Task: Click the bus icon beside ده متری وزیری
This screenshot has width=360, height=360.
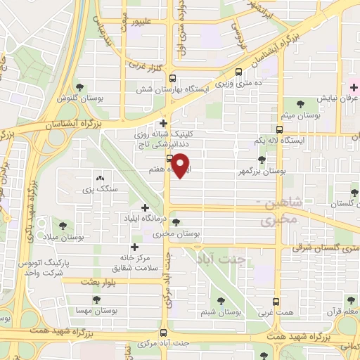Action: click(x=239, y=71)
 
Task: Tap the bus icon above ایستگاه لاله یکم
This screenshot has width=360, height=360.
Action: click(x=279, y=129)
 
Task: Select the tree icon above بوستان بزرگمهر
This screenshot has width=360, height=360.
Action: click(x=262, y=160)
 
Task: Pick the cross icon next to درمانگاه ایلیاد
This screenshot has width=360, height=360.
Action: click(x=145, y=207)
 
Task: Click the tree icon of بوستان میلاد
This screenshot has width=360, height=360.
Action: click(x=63, y=226)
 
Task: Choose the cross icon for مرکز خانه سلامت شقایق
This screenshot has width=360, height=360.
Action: click(x=134, y=247)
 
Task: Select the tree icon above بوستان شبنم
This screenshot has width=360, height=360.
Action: click(x=221, y=298)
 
